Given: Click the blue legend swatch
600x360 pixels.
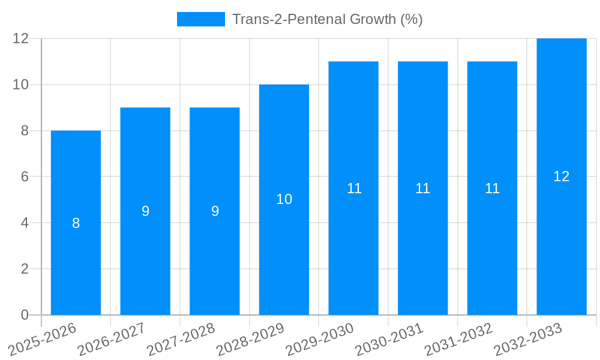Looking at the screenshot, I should [200, 19].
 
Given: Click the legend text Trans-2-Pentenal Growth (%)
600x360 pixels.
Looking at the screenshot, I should [327, 19].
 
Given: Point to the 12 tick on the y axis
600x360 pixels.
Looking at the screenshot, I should [21, 38].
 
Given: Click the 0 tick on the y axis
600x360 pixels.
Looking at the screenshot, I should [25, 315].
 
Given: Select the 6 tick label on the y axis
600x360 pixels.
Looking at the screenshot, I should [25, 176].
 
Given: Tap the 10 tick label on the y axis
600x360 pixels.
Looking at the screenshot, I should [21, 85].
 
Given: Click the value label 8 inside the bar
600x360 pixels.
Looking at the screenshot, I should [76, 223].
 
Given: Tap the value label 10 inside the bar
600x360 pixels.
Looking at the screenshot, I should [284, 200].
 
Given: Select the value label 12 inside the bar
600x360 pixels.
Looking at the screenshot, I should [561, 176].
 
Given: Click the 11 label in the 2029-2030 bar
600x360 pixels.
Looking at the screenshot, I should [354, 188].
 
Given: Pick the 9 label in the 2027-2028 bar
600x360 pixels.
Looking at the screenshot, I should [215, 211].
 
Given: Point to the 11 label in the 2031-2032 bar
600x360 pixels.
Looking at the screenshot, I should [492, 188].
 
